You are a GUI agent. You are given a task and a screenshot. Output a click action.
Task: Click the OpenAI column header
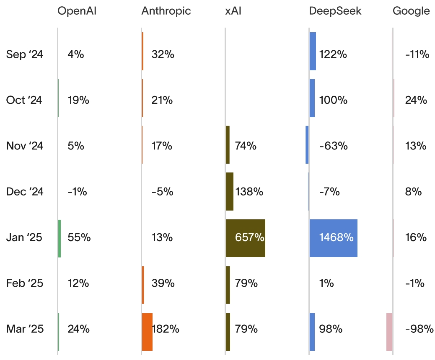tap(77, 11)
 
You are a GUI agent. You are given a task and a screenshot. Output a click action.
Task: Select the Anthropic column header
tap(166, 11)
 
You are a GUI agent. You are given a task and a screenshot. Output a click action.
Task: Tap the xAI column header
tap(233, 11)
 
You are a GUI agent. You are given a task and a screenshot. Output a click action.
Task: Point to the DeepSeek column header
tap(335, 11)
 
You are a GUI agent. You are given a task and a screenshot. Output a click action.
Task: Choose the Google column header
tap(411, 11)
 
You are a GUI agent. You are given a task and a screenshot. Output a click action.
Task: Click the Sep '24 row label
tap(25, 54)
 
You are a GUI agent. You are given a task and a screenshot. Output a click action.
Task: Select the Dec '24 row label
tap(25, 192)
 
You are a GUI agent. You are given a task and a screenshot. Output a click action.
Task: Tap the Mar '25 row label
tap(25, 329)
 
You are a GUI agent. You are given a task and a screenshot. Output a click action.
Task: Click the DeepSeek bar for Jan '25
tap(333, 238)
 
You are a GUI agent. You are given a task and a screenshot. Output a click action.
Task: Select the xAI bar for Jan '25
tap(245, 238)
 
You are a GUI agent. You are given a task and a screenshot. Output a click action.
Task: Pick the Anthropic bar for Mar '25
tap(147, 332)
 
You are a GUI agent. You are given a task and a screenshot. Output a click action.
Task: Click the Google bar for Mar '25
tap(389, 332)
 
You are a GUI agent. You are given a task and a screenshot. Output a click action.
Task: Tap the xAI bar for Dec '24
tap(229, 191)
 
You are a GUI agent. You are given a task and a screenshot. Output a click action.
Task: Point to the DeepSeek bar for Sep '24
tap(313, 51)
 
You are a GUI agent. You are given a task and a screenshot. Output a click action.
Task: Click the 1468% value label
tap(336, 238)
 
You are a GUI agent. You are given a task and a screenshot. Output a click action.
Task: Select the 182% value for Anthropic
tap(166, 329)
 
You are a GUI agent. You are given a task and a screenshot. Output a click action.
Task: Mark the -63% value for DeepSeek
tap(333, 146)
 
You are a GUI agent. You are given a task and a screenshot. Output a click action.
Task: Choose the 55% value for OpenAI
tap(79, 238)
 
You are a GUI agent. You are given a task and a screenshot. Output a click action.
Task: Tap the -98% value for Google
tap(419, 329)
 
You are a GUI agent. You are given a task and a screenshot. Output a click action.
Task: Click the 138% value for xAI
tap(249, 192)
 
